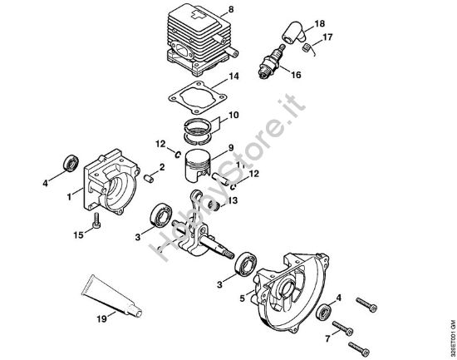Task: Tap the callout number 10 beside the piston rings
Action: [x=233, y=114]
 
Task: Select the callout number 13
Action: [x=233, y=200]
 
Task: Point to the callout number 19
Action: [x=101, y=317]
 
